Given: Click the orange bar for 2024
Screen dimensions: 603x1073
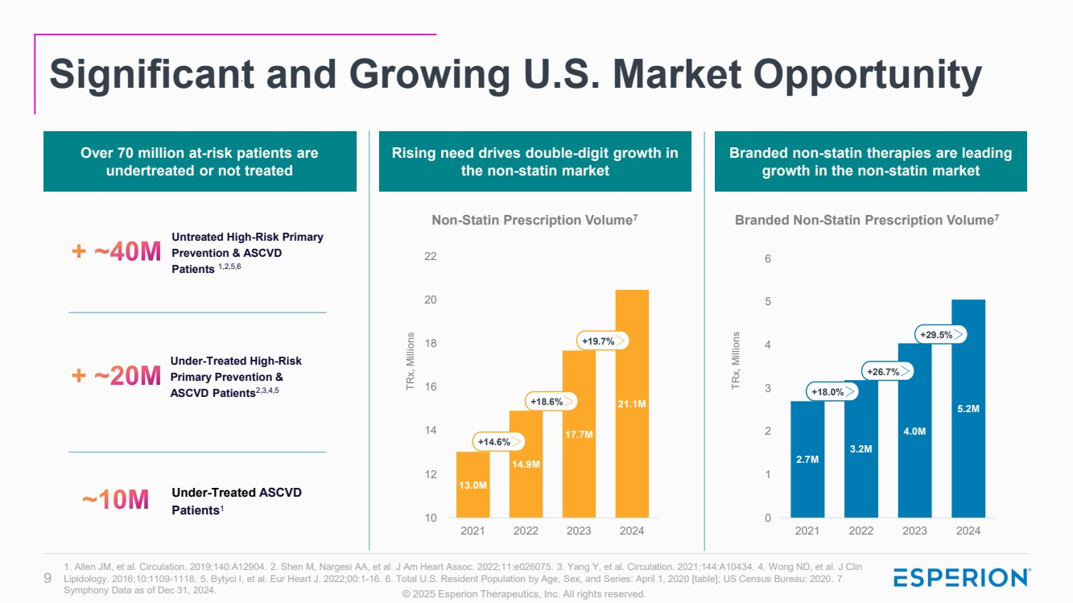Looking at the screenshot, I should point(632,403).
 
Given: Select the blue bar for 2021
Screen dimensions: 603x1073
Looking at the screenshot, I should point(807,459).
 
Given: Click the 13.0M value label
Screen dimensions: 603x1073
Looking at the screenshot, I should point(472,485).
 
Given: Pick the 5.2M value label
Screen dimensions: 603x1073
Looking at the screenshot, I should point(968,409).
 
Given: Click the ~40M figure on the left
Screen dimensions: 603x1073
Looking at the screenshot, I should point(118,253).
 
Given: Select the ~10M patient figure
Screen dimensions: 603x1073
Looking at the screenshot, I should point(116,500).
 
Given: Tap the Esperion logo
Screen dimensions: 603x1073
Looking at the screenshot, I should point(962,577).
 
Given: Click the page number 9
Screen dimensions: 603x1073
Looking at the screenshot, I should point(47,577).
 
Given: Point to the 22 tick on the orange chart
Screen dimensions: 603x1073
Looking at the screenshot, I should point(431,257).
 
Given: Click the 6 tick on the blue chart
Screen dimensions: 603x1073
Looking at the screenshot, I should point(768,259).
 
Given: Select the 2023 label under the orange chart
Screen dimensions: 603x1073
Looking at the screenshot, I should point(579,531).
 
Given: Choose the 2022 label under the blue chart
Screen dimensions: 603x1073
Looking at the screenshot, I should point(860,531).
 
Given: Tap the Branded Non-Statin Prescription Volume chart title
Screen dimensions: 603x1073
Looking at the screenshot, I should point(866,220).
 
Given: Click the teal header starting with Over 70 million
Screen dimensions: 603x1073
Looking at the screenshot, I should point(200,161).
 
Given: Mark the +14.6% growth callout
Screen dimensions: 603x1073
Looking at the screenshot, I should point(497,441).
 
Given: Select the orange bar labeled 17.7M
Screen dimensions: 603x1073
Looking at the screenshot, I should point(579,435).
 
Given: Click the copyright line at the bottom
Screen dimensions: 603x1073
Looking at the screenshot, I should point(524,594).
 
